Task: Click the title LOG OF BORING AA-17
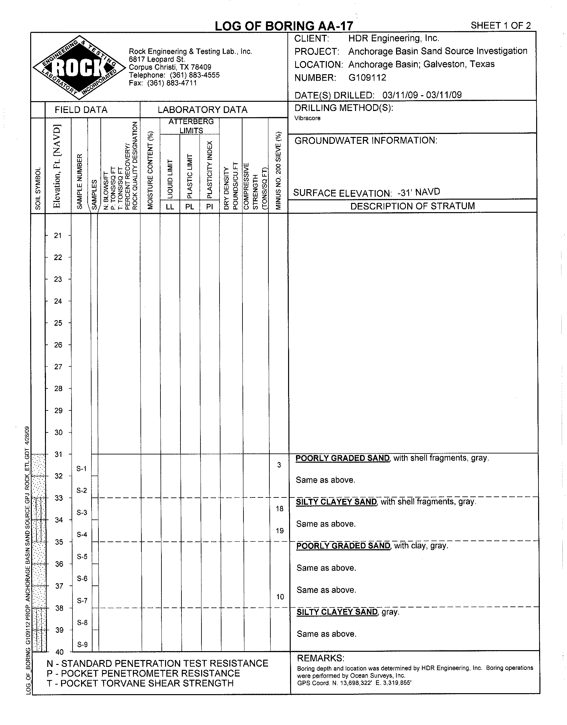(284, 26)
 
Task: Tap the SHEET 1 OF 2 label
(501, 26)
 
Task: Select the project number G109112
(367, 78)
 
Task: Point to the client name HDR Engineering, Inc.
(394, 38)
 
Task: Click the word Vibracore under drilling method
(307, 118)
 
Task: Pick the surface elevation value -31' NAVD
(419, 192)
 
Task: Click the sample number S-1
(81, 469)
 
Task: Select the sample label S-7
(82, 601)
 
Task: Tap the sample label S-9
(82, 645)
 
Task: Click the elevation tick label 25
(58, 323)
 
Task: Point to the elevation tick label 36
(59, 564)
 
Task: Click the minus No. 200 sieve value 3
(279, 465)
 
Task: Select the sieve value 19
(280, 531)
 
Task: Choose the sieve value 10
(280, 597)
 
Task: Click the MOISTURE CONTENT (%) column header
(151, 170)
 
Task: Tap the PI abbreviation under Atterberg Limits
(209, 207)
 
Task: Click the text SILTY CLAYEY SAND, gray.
(347, 612)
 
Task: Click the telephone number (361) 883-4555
(195, 75)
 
